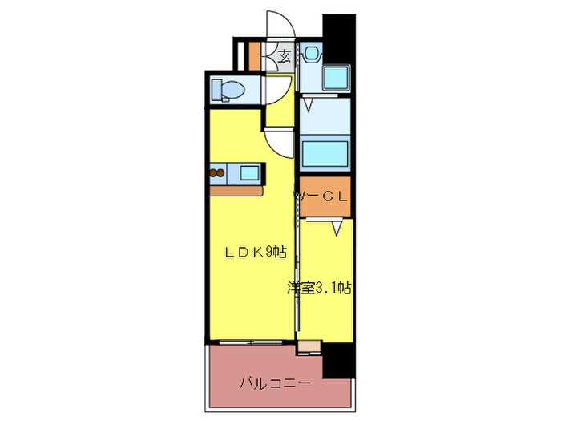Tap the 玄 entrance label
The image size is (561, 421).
285,55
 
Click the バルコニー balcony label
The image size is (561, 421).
274,383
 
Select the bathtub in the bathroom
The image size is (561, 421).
325,152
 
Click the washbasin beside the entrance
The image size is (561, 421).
312,54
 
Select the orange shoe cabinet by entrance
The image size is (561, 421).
255,54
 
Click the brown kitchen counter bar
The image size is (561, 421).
237,191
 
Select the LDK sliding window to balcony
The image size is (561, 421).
248,343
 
